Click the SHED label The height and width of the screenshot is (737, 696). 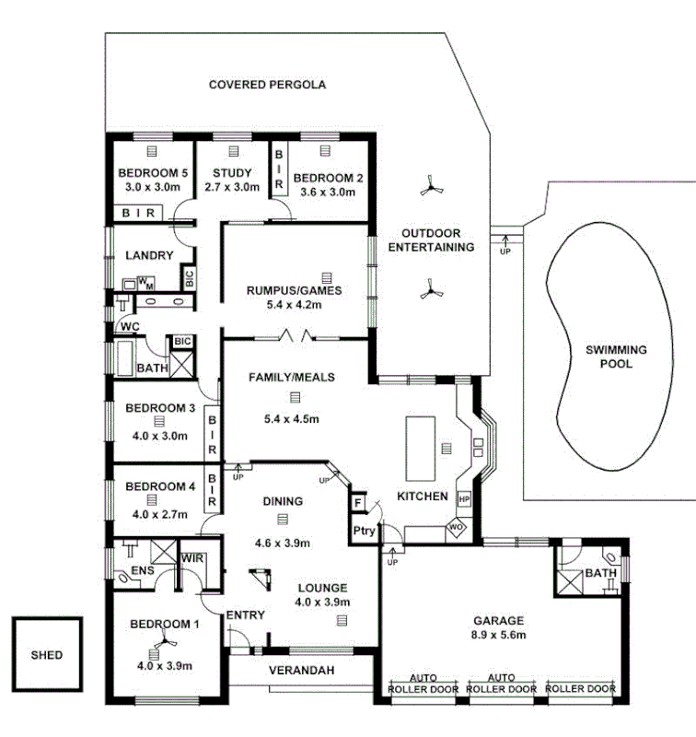(x=47, y=656)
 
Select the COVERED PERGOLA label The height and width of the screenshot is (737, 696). (x=267, y=85)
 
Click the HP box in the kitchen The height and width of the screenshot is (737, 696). (x=464, y=499)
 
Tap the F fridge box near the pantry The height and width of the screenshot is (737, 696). (x=356, y=503)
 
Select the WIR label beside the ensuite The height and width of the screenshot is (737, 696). (x=192, y=557)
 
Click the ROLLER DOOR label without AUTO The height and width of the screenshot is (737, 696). (x=580, y=688)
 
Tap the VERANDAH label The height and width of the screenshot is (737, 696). (x=301, y=670)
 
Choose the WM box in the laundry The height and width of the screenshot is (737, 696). (x=147, y=281)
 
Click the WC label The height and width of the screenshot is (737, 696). (x=128, y=326)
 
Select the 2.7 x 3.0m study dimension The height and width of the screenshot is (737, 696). (x=232, y=187)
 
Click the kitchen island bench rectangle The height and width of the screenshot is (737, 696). (x=422, y=448)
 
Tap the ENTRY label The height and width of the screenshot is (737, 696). (x=245, y=615)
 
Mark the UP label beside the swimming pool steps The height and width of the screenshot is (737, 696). (x=505, y=251)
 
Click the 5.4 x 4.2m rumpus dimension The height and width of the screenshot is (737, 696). (x=294, y=306)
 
